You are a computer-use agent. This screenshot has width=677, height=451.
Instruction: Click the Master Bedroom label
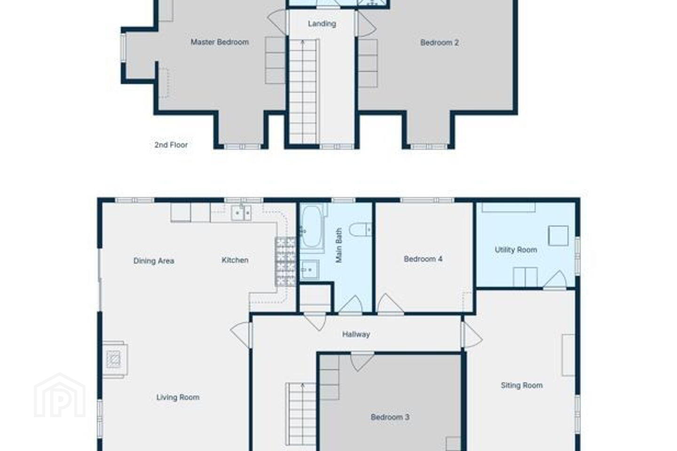pos(220,42)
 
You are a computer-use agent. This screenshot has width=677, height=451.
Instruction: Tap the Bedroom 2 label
pos(440,43)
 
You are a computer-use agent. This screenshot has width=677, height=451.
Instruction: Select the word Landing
pos(322,23)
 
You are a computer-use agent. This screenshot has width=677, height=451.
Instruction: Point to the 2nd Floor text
pos(171,145)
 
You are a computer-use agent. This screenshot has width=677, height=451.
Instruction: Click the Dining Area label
pos(154,261)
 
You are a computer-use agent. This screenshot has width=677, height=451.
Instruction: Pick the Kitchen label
pos(235,260)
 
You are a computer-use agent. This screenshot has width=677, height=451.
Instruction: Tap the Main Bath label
pos(338,245)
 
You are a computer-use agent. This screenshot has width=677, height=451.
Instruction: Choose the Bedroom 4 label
pos(423,259)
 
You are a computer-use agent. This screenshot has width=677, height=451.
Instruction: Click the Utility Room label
pos(516,250)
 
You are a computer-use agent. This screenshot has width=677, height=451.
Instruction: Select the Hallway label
pos(356,334)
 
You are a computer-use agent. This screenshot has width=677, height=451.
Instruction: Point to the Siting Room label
pos(522,385)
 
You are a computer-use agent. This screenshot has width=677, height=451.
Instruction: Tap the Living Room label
pos(178,397)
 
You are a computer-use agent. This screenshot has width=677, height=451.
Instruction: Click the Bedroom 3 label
pos(390,417)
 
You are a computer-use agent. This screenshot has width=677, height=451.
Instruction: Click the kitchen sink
pos(241,213)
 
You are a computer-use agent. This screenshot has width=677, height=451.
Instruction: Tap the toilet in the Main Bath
pos(361,230)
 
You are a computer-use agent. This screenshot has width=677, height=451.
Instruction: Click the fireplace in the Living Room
pos(115,360)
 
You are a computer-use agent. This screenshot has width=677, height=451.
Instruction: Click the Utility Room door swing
pos(556,280)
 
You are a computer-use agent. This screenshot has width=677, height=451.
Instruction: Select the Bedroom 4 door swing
pos(390,303)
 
